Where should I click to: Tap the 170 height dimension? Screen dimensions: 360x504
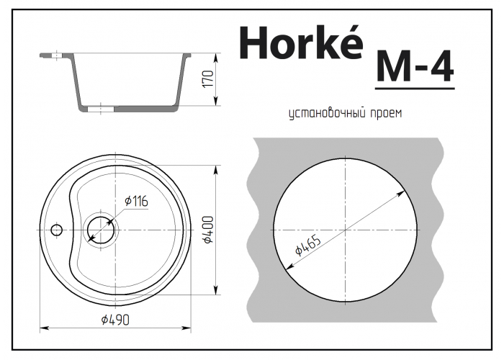pos(207,80)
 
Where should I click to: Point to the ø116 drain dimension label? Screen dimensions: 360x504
pos(136,202)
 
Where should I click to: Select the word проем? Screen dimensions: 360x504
pos(384,114)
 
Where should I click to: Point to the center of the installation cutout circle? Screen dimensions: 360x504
pos(346,230)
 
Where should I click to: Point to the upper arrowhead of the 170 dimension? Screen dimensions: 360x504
pos(215,55)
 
